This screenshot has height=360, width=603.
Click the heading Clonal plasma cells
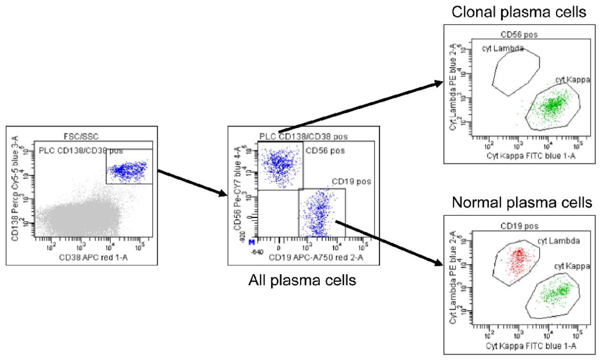click(x=519, y=12)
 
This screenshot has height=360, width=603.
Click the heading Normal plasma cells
click(x=521, y=203)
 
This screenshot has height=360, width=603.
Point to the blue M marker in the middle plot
click(x=252, y=242)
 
